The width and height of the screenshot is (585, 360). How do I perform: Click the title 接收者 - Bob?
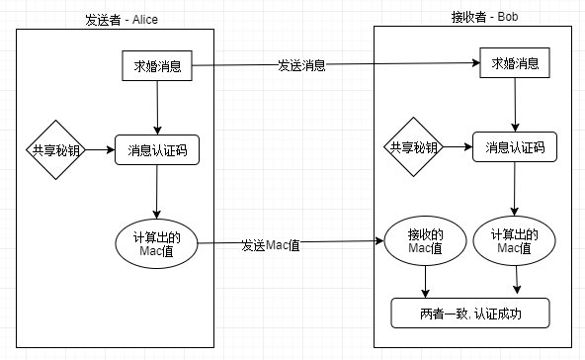coord(472,17)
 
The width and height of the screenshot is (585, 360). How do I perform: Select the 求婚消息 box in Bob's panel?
coord(514,64)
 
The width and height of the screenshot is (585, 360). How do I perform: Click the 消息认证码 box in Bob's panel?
coord(512,147)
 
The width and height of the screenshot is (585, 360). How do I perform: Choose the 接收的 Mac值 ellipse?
coord(423,241)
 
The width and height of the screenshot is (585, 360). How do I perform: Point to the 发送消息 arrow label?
coord(300,65)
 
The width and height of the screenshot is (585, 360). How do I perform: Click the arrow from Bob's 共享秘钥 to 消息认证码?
coord(456,147)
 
